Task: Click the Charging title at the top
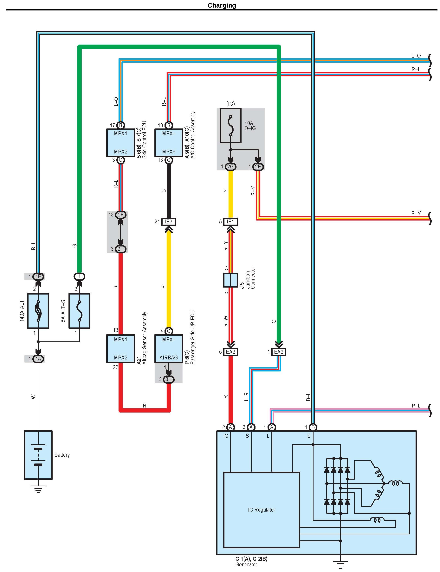click(x=222, y=5)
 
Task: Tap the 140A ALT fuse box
click(x=38, y=311)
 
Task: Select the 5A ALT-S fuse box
click(x=79, y=311)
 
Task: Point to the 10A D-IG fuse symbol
click(x=230, y=126)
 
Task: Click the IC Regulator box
click(x=261, y=510)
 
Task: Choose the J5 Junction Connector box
click(x=230, y=280)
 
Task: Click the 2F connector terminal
click(x=120, y=215)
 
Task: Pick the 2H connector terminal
click(x=120, y=249)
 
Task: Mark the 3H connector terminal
click(x=169, y=379)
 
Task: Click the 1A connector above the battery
click(x=38, y=359)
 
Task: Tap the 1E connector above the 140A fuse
click(x=38, y=277)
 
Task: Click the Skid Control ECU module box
click(x=120, y=143)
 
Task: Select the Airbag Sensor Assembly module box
click(x=120, y=348)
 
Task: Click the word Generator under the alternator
click(x=246, y=564)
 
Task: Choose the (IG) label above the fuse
click(x=230, y=104)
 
